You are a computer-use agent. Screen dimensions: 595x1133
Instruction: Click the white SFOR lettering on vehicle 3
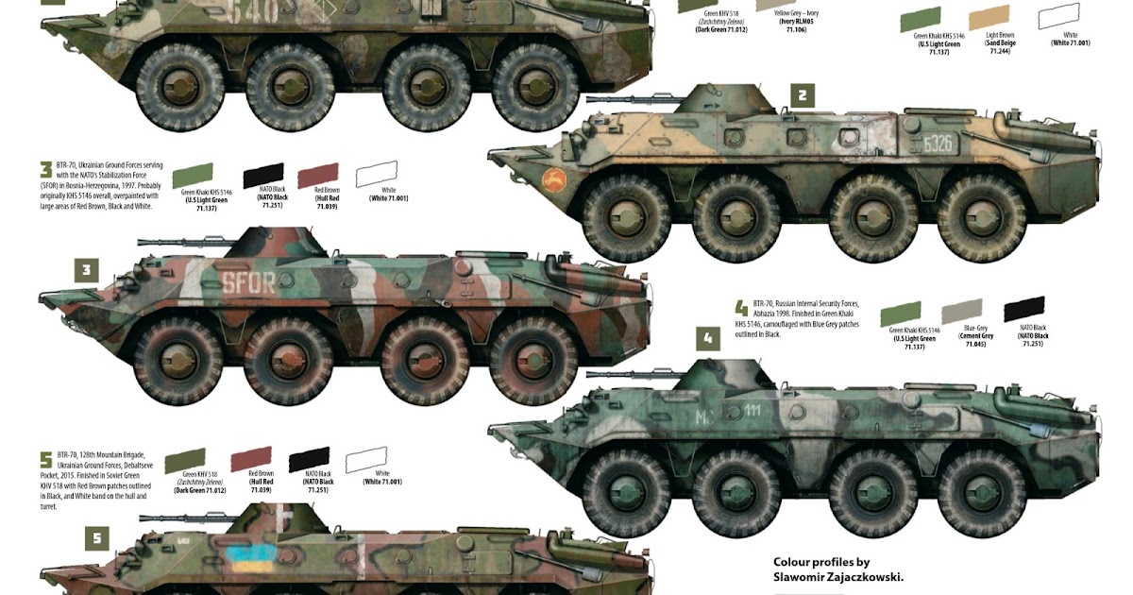248,281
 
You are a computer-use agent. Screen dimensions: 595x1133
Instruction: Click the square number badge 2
802,94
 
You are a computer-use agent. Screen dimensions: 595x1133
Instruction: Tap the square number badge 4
707,339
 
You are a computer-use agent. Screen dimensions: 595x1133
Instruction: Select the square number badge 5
95,538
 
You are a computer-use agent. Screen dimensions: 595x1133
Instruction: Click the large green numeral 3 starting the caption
45,170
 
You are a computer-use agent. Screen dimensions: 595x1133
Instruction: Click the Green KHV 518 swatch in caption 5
185,461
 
